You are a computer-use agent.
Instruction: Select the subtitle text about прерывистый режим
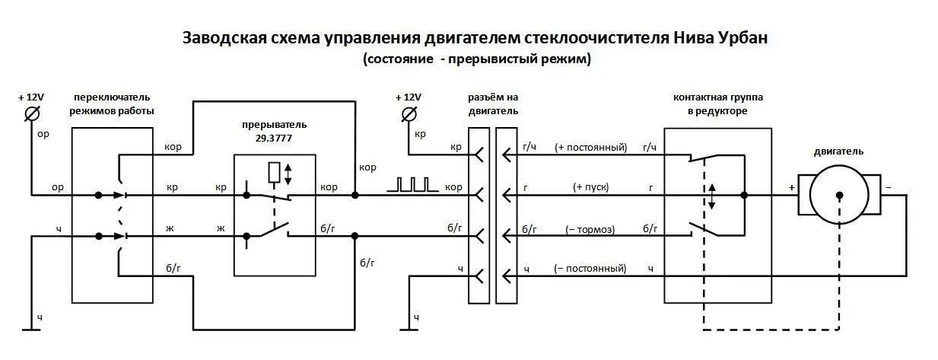pos(477,59)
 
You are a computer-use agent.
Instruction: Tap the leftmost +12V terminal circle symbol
pos(33,114)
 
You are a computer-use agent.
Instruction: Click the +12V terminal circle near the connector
pos(409,114)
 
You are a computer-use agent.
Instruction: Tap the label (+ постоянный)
pos(590,148)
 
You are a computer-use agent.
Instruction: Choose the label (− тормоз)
pos(591,228)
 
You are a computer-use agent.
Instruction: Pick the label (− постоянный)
pos(590,268)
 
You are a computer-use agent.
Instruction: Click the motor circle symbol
pos(838,195)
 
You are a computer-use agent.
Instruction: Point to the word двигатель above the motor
pos(838,151)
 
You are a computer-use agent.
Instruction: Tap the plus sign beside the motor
pos(791,186)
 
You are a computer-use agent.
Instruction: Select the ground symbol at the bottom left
pos(31,329)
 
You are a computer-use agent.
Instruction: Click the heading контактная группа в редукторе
pos(718,104)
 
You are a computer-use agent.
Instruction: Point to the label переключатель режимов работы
pos(112,104)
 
